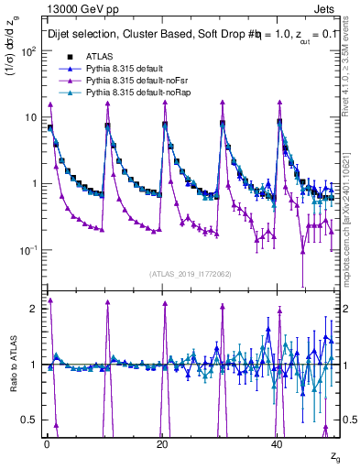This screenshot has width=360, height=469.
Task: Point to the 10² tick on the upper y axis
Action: [x=29, y=51]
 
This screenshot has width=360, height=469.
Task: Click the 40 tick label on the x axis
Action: [x=277, y=443]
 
